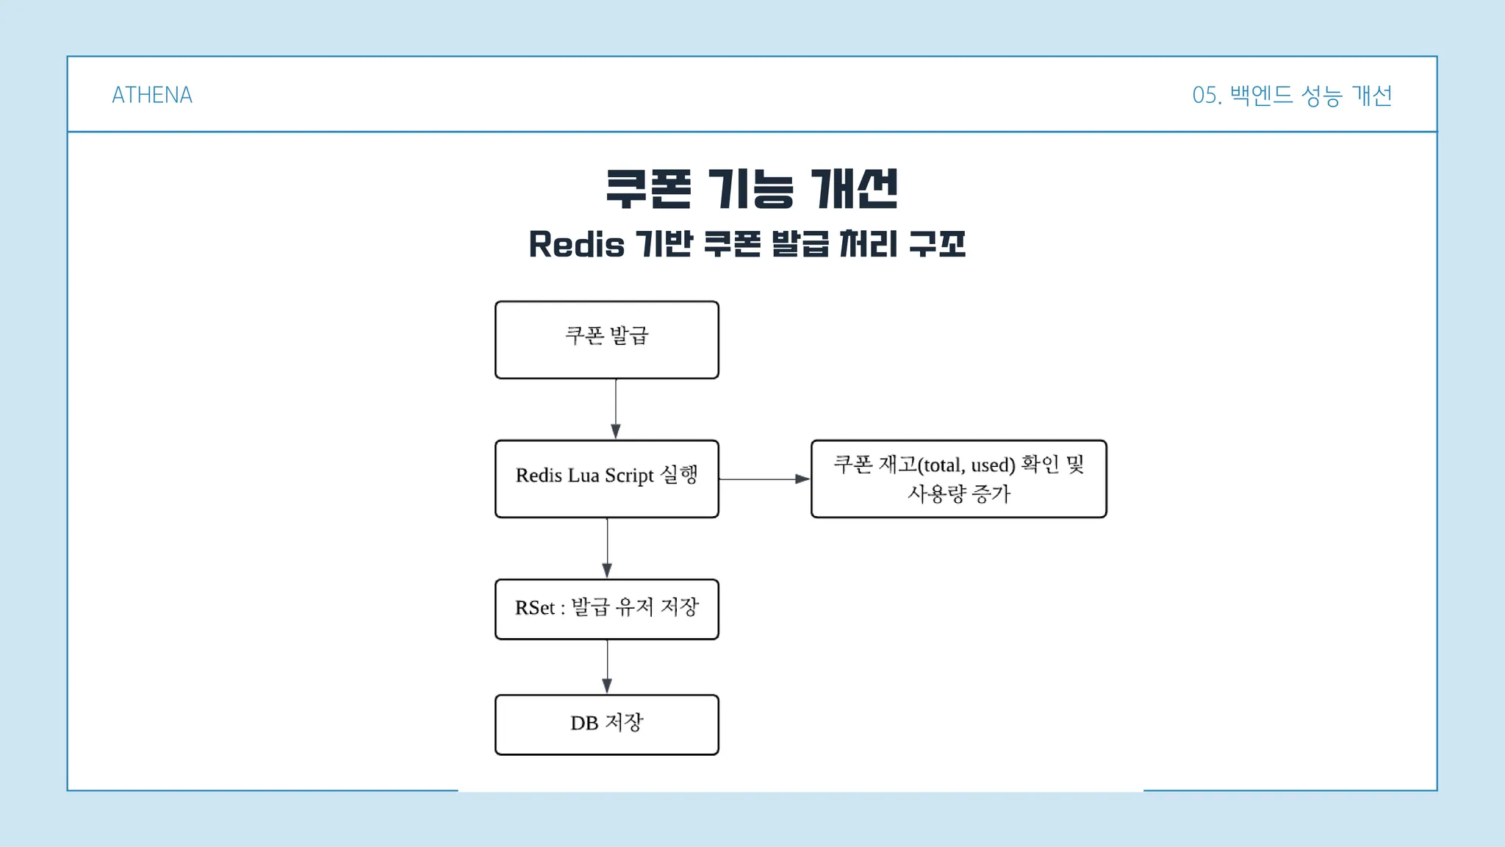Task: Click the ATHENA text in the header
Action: click(x=152, y=95)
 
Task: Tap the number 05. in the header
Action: click(x=1207, y=96)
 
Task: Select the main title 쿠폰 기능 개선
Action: click(x=752, y=189)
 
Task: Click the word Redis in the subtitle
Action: click(x=577, y=244)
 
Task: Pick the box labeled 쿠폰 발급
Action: click(x=607, y=340)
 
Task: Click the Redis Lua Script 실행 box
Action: click(x=607, y=479)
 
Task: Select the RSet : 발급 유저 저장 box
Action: click(x=607, y=610)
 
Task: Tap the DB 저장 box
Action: click(x=607, y=725)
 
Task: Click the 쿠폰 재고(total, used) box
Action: click(x=959, y=479)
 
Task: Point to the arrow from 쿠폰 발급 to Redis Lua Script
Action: click(x=616, y=410)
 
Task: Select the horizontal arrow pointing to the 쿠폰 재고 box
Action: click(x=765, y=479)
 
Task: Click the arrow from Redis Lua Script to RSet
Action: click(x=607, y=548)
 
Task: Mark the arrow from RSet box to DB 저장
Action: click(x=607, y=667)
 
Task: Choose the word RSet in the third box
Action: click(x=535, y=608)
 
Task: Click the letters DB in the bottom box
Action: click(x=584, y=723)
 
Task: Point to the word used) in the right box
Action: click(x=993, y=465)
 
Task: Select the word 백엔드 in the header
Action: click(x=1261, y=95)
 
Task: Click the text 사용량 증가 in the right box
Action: click(x=959, y=493)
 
